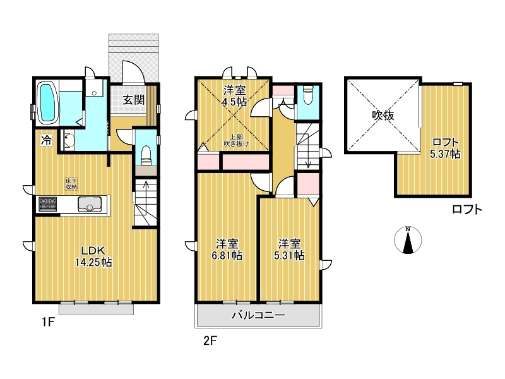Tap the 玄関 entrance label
(133, 100)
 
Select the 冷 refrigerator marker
(46, 140)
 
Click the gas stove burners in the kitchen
(48, 204)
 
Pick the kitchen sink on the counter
(90, 204)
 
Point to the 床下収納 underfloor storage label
(71, 184)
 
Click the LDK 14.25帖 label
(93, 256)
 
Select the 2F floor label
(210, 340)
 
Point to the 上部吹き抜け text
(236, 140)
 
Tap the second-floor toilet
(308, 95)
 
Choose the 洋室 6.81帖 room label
(227, 249)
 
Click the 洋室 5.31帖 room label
(289, 249)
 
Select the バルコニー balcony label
(259, 315)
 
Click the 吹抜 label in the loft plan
(383, 115)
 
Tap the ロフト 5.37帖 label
(446, 148)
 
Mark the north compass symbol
(408, 240)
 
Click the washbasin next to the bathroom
(68, 140)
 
